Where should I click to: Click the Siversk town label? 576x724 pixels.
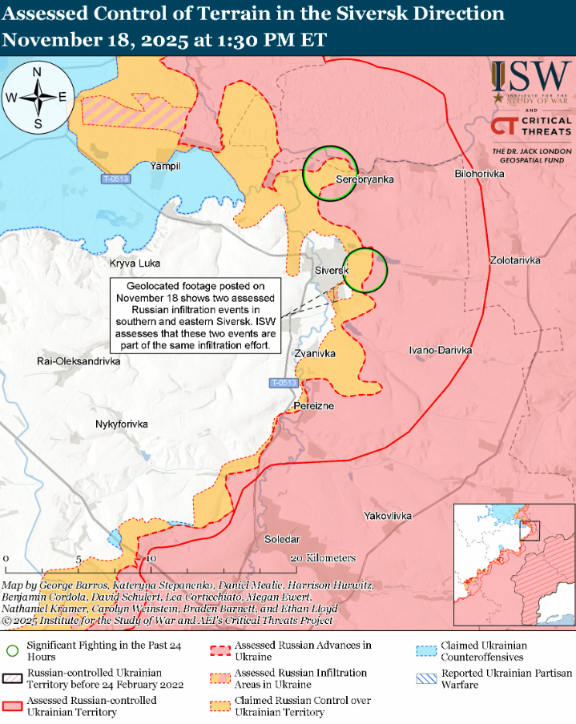(331, 271)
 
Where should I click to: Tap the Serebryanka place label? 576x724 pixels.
(365, 179)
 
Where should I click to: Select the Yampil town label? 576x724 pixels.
(166, 166)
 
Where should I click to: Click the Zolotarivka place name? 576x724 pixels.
(516, 261)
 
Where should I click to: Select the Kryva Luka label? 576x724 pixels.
(135, 263)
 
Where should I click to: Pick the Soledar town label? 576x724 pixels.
(282, 540)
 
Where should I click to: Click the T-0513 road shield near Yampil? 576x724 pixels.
(116, 179)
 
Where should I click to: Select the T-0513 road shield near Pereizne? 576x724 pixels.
(283, 384)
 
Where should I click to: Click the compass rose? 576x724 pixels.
(38, 98)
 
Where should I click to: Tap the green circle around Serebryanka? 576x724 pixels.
(330, 173)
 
